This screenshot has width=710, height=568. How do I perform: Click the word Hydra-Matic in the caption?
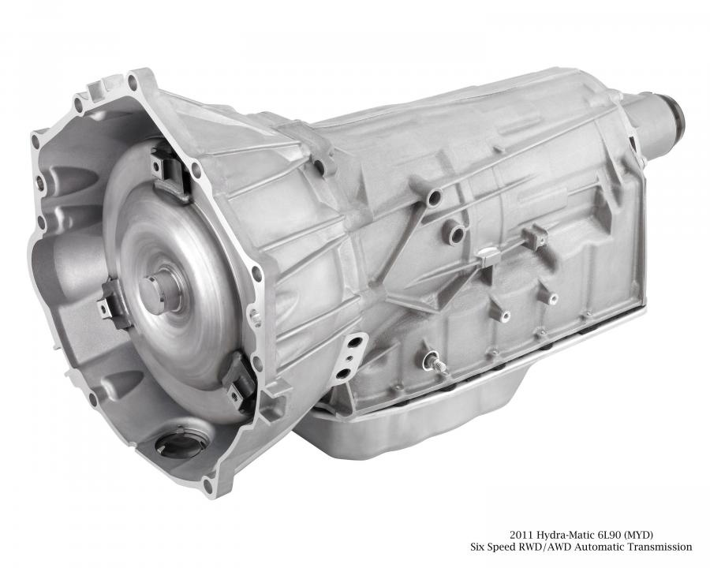pos(559,535)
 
